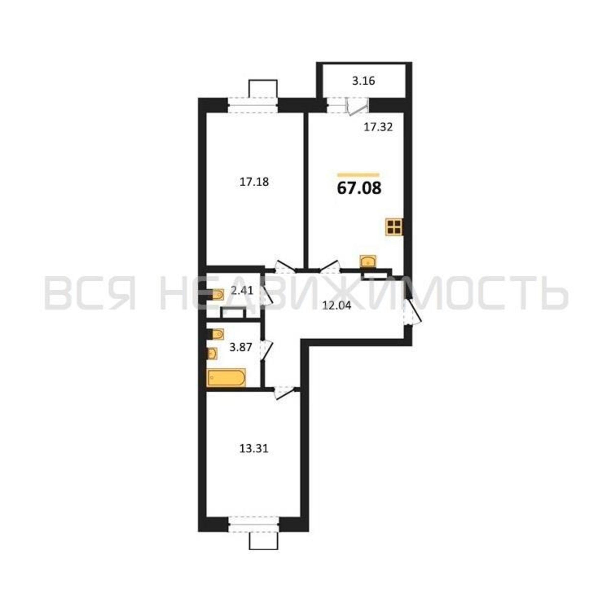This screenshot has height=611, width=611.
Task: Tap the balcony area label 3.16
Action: click(363, 81)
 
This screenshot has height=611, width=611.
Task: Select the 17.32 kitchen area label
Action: click(378, 127)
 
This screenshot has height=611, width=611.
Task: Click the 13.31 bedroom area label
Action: click(254, 448)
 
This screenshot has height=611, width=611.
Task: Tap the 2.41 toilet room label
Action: click(242, 290)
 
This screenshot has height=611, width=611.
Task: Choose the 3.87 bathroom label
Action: click(241, 348)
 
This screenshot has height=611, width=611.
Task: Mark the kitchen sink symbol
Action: click(368, 261)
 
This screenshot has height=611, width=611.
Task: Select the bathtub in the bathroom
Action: click(226, 378)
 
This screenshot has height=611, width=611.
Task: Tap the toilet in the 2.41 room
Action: click(215, 295)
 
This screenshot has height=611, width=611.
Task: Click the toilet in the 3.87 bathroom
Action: click(215, 334)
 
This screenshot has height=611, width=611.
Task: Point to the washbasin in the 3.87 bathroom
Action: click(212, 353)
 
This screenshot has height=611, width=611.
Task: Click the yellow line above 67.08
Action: click(358, 174)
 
